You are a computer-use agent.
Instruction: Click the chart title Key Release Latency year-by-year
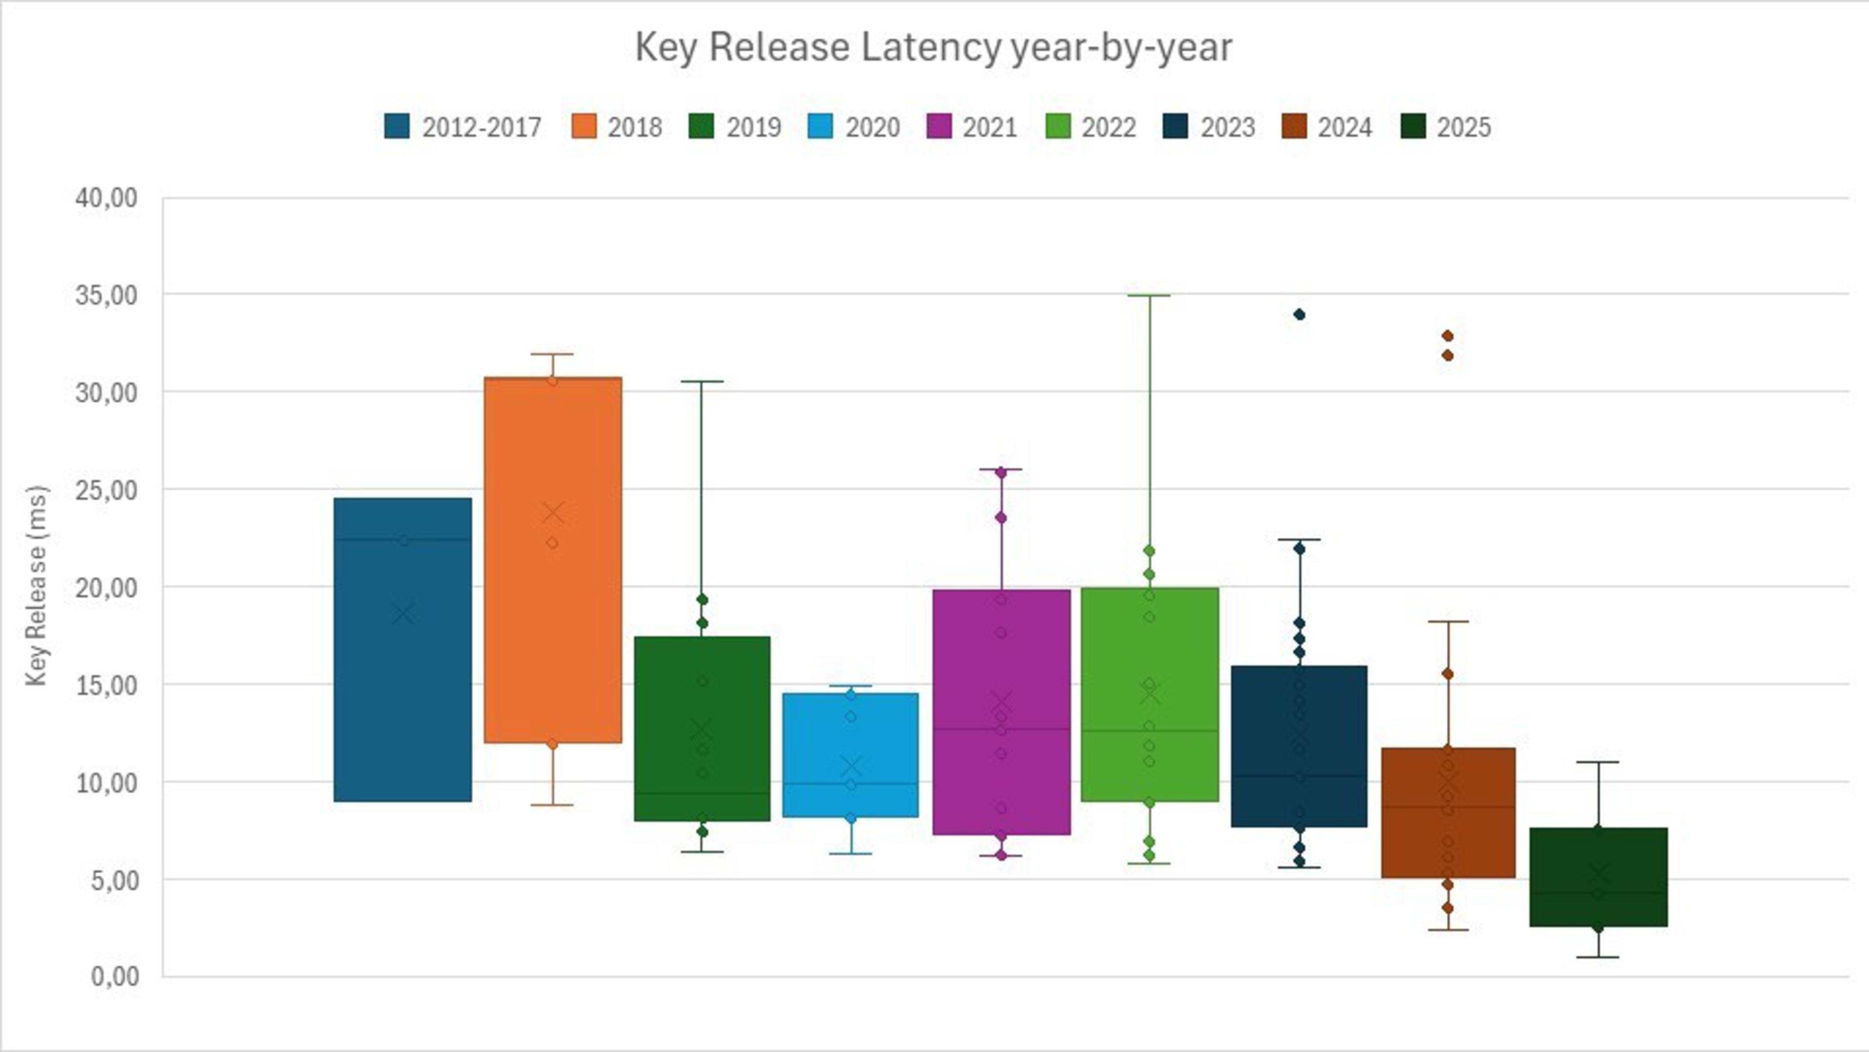coord(933,48)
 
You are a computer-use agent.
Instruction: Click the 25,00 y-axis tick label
coord(106,490)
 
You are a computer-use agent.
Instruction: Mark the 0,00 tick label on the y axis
coord(115,977)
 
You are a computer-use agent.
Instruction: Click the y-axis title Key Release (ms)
coord(37,586)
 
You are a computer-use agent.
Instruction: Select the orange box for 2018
coord(553,624)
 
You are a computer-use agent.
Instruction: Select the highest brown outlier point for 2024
coord(1448,336)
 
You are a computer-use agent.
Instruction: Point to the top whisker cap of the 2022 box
coord(1149,295)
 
